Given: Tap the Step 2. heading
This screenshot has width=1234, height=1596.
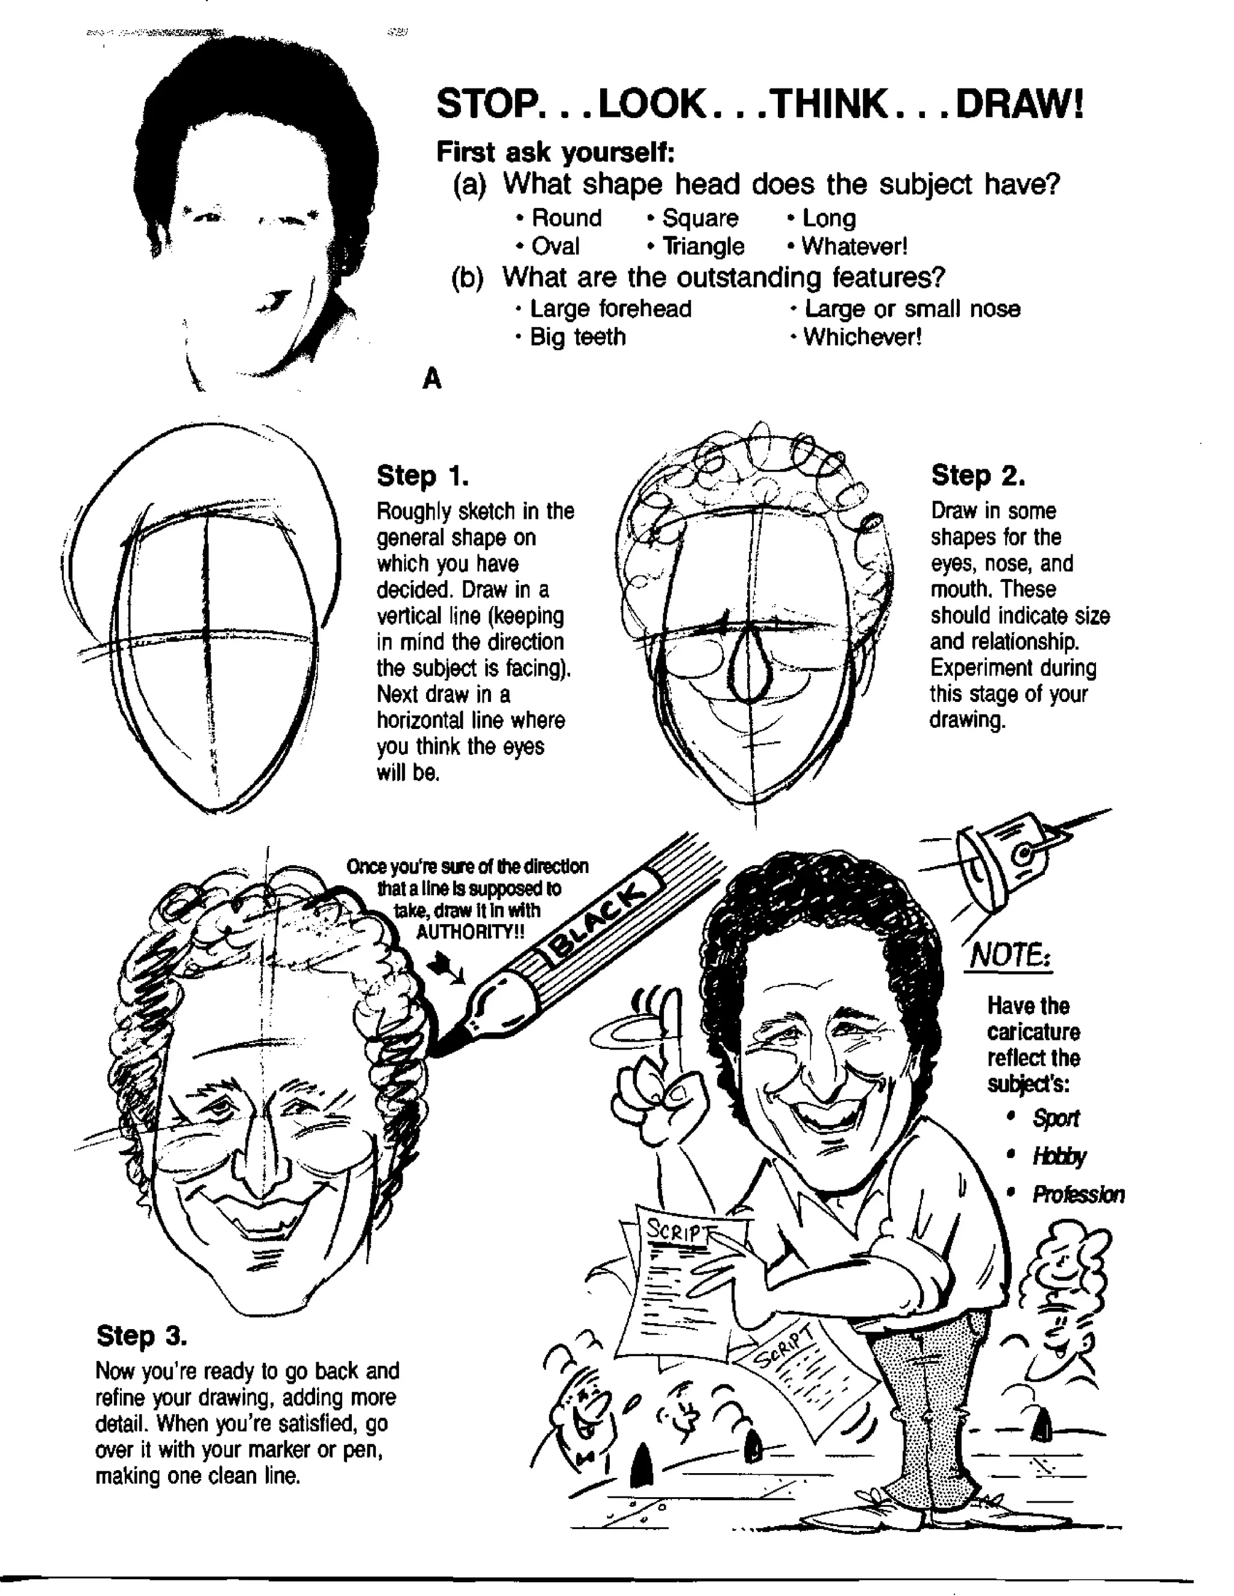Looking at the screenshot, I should pos(977,476).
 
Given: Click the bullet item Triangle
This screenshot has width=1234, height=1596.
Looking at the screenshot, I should pos(703,246).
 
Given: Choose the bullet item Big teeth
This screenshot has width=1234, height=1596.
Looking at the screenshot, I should pos(577,337).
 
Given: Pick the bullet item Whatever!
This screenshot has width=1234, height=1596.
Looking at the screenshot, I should pos(853,246).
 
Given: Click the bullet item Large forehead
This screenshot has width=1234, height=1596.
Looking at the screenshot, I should pos(610,308).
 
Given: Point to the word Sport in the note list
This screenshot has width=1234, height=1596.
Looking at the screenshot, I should pos(1055,1118).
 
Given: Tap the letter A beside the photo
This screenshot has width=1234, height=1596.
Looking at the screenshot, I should pos(432,378).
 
